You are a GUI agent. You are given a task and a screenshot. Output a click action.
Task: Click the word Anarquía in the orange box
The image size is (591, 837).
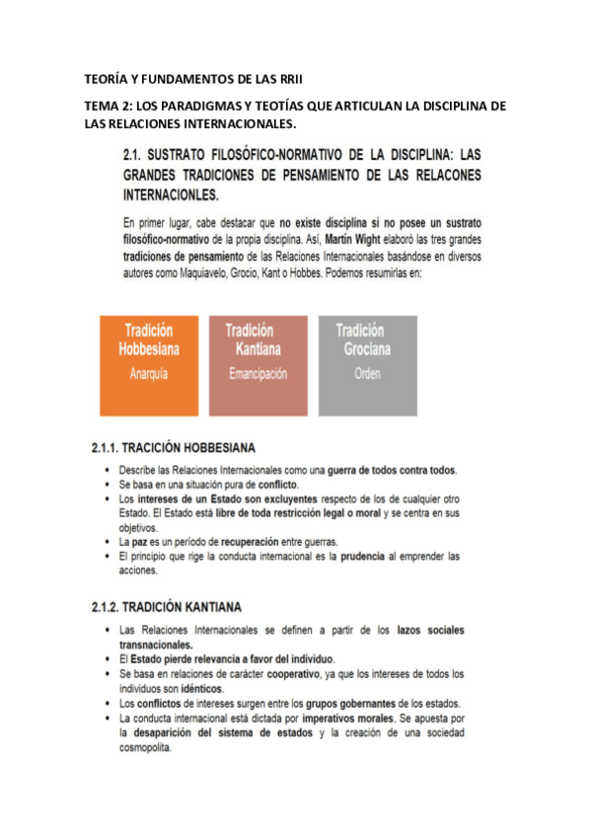pyautogui.click(x=147, y=375)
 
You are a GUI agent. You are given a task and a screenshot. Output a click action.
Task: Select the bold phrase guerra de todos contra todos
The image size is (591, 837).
pyautogui.click(x=392, y=469)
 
